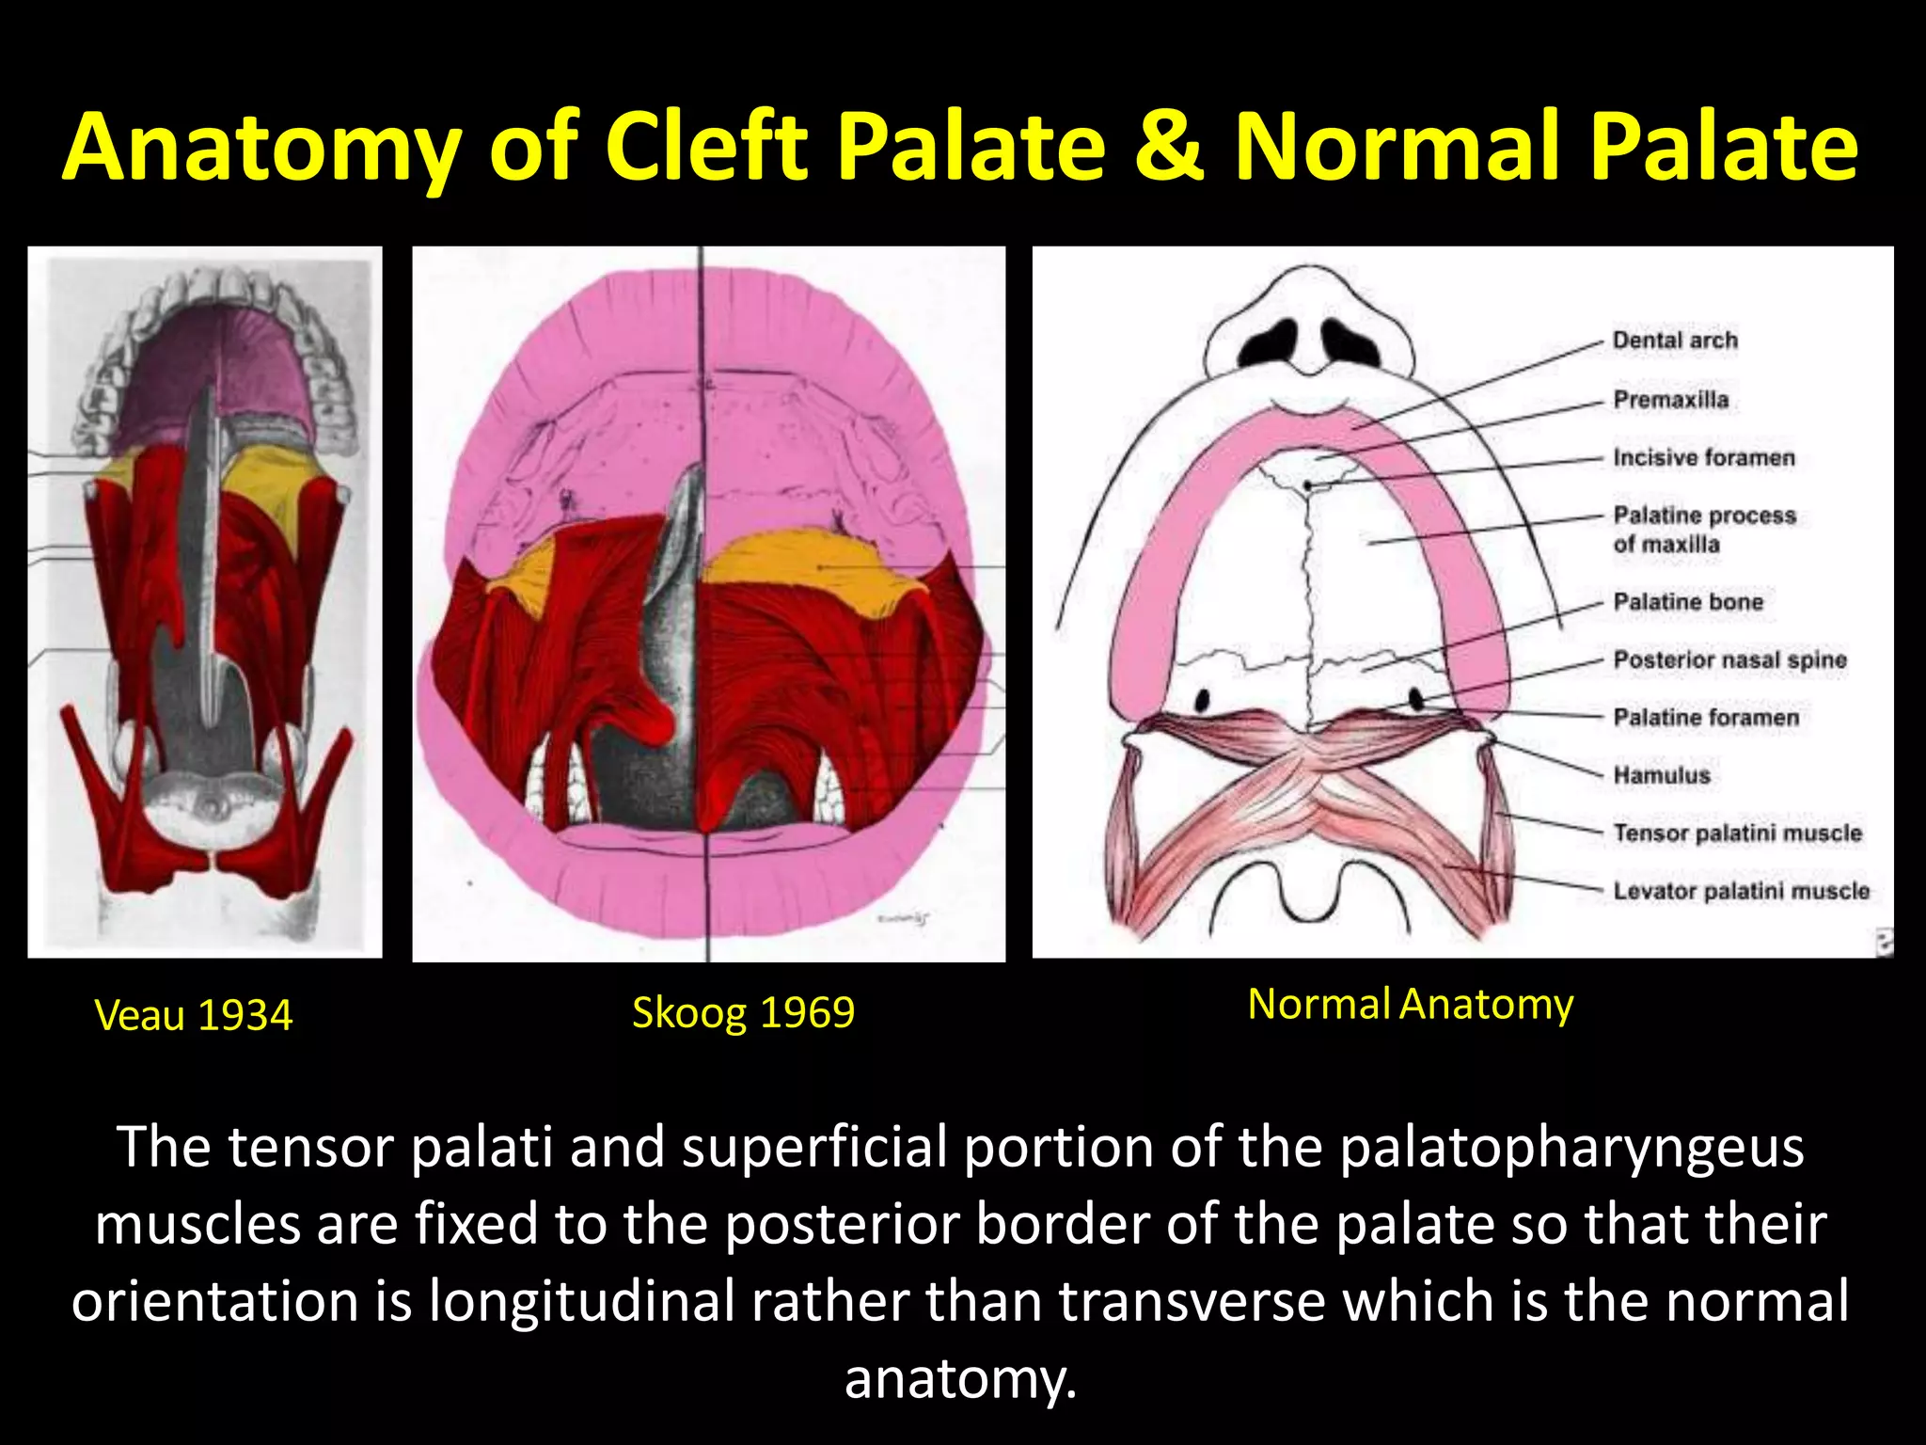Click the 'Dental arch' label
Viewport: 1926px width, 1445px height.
coord(1675,341)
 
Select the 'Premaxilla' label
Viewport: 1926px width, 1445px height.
coord(1671,400)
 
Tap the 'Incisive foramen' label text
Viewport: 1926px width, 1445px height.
coord(1704,458)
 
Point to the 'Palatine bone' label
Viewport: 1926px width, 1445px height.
coord(1688,602)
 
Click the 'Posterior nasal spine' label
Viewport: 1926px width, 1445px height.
coord(1729,660)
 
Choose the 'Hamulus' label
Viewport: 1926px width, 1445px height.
coord(1662,776)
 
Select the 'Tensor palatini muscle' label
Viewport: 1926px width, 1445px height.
coord(1737,834)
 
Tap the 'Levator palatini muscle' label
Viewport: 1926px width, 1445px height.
coord(1741,891)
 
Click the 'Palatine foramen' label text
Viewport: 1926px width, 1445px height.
coord(1706,718)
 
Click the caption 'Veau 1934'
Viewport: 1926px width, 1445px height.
coord(194,1016)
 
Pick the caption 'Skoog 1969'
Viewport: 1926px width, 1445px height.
coord(743,1013)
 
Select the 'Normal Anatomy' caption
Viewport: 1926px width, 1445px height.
coord(1410,1005)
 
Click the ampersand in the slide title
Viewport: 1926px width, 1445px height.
coord(1169,148)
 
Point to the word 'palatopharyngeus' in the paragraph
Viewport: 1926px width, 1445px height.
coord(1571,1148)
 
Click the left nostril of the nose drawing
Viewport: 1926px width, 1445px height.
coord(1265,342)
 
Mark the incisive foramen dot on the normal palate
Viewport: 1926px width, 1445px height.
coord(1308,485)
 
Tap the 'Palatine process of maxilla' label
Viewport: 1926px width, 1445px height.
coord(1704,530)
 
